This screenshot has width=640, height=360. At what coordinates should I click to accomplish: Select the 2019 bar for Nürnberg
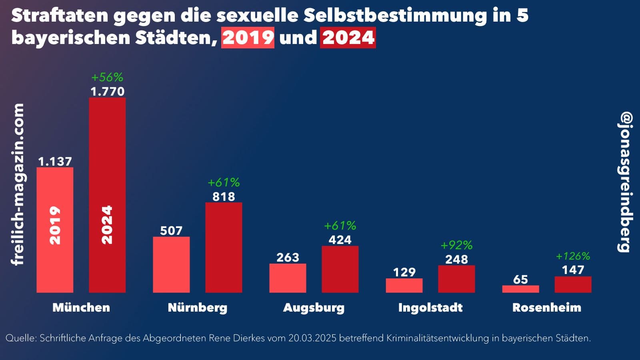tap(171, 265)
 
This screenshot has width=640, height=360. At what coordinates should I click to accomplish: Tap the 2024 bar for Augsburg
tap(340, 269)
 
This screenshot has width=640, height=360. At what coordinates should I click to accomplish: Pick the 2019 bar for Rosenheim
tap(520, 289)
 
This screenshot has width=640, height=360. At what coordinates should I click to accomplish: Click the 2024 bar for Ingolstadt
tap(456, 279)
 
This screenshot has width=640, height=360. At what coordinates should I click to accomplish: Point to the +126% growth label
tap(573, 256)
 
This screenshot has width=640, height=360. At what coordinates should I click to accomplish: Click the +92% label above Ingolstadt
tap(456, 245)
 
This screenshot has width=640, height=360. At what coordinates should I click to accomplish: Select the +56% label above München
tap(107, 77)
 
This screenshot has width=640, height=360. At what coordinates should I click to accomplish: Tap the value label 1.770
tap(107, 92)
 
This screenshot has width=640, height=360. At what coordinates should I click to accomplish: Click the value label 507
tap(171, 231)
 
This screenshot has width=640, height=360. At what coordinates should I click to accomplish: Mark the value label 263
tap(288, 258)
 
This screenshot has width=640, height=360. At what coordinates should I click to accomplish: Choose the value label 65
tap(520, 280)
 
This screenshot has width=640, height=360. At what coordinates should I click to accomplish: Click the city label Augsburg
tap(314, 308)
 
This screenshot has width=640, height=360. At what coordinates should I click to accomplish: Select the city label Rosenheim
tap(546, 308)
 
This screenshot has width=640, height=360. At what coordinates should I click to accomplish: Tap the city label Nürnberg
tap(197, 308)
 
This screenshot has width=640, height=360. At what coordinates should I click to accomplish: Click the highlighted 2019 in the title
tap(248, 38)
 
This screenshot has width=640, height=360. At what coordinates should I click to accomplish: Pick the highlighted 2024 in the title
tap(348, 38)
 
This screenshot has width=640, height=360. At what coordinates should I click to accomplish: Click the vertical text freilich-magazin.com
tap(18, 184)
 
